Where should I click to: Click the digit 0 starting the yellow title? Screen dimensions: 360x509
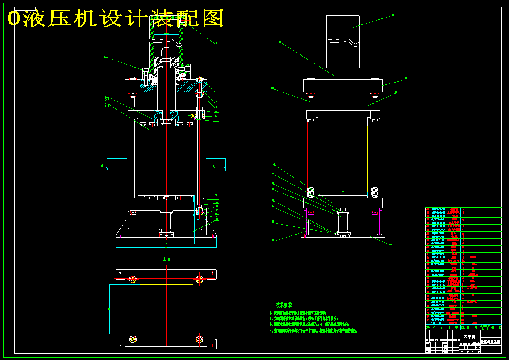pyautogui.click(x=14, y=18)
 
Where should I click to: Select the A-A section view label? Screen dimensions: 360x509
pyautogui.click(x=167, y=259)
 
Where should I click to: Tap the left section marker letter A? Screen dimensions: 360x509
pyautogui.click(x=102, y=166)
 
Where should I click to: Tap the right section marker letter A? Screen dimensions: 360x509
pyautogui.click(x=214, y=167)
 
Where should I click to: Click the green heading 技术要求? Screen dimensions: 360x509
pyautogui.click(x=283, y=305)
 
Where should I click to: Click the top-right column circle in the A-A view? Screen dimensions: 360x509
pyautogui.click(x=199, y=280)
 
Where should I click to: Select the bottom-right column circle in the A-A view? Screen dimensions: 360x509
pyautogui.click(x=199, y=339)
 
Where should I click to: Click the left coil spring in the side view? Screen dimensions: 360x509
pyautogui.click(x=310, y=191)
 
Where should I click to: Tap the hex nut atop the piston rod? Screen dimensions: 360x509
pyautogui.click(x=166, y=54)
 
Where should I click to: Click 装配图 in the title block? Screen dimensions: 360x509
pyautogui.click(x=469, y=336)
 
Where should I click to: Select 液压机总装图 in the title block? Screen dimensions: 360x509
pyautogui.click(x=491, y=342)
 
